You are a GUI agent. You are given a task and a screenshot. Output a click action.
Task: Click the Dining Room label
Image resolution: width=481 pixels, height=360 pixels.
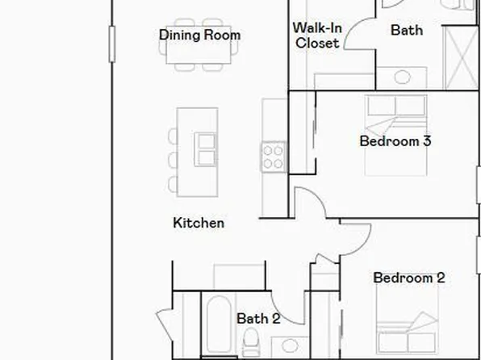click(x=199, y=35)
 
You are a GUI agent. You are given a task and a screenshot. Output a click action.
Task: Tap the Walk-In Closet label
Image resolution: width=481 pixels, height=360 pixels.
click(x=317, y=36)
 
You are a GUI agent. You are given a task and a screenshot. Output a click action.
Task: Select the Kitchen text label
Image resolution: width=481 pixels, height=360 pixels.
click(x=199, y=223)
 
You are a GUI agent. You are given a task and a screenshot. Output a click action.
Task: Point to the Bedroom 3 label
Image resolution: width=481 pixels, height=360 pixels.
click(x=395, y=141)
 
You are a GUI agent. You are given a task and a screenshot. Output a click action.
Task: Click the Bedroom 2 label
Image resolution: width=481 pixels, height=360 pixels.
click(x=408, y=278)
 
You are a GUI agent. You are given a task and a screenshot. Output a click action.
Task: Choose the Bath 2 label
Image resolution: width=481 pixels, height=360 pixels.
click(x=257, y=319)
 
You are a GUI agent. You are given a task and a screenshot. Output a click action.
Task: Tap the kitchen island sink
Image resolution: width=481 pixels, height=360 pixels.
click(x=206, y=149)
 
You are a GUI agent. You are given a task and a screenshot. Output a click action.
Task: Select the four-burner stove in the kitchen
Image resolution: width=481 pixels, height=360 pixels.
click(x=273, y=155)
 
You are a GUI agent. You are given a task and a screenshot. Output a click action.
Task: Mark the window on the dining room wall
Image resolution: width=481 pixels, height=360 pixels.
click(x=112, y=42)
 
